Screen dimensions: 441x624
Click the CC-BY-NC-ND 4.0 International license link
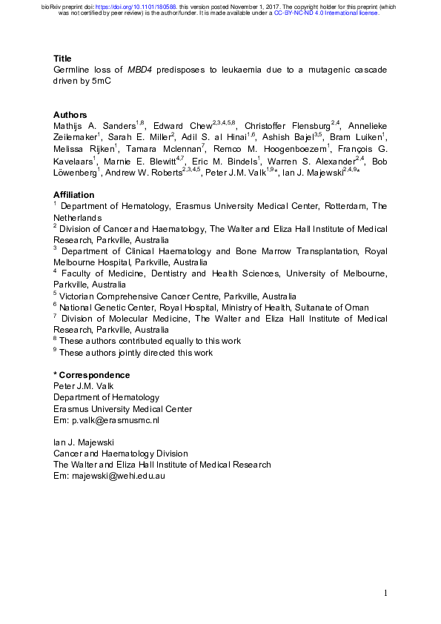[326, 13]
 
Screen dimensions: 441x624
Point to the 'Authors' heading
[70, 115]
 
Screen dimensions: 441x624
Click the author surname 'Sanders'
[118, 127]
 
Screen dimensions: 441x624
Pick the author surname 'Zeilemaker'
[73, 138]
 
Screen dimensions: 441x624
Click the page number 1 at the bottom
[385, 593]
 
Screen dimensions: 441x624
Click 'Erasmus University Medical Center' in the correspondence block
[122, 409]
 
